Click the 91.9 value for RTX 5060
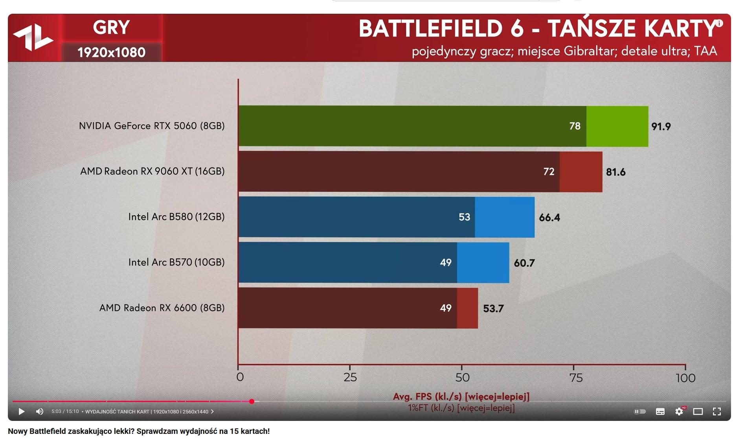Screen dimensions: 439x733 click(661, 127)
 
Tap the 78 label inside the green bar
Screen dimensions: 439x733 click(575, 126)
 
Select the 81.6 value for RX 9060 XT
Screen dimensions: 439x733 click(615, 172)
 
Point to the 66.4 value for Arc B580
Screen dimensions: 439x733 click(549, 218)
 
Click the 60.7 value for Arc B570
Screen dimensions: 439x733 click(524, 263)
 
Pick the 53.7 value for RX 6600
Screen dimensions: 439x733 click(493, 308)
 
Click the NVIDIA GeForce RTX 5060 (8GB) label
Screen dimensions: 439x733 click(152, 126)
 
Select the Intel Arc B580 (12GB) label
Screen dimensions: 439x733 click(176, 217)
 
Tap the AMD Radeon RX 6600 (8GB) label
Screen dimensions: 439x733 click(162, 308)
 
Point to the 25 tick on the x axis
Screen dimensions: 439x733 click(350, 378)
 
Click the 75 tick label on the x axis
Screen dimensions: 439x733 click(576, 378)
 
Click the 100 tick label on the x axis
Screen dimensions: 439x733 click(685, 378)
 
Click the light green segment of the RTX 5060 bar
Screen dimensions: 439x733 click(617, 126)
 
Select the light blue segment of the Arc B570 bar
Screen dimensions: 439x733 click(483, 262)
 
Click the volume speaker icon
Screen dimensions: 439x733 click(40, 411)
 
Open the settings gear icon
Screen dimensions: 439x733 click(679, 411)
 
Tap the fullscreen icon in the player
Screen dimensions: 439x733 click(717, 411)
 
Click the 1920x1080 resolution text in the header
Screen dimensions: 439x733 click(111, 52)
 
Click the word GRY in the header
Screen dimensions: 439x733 click(111, 28)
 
